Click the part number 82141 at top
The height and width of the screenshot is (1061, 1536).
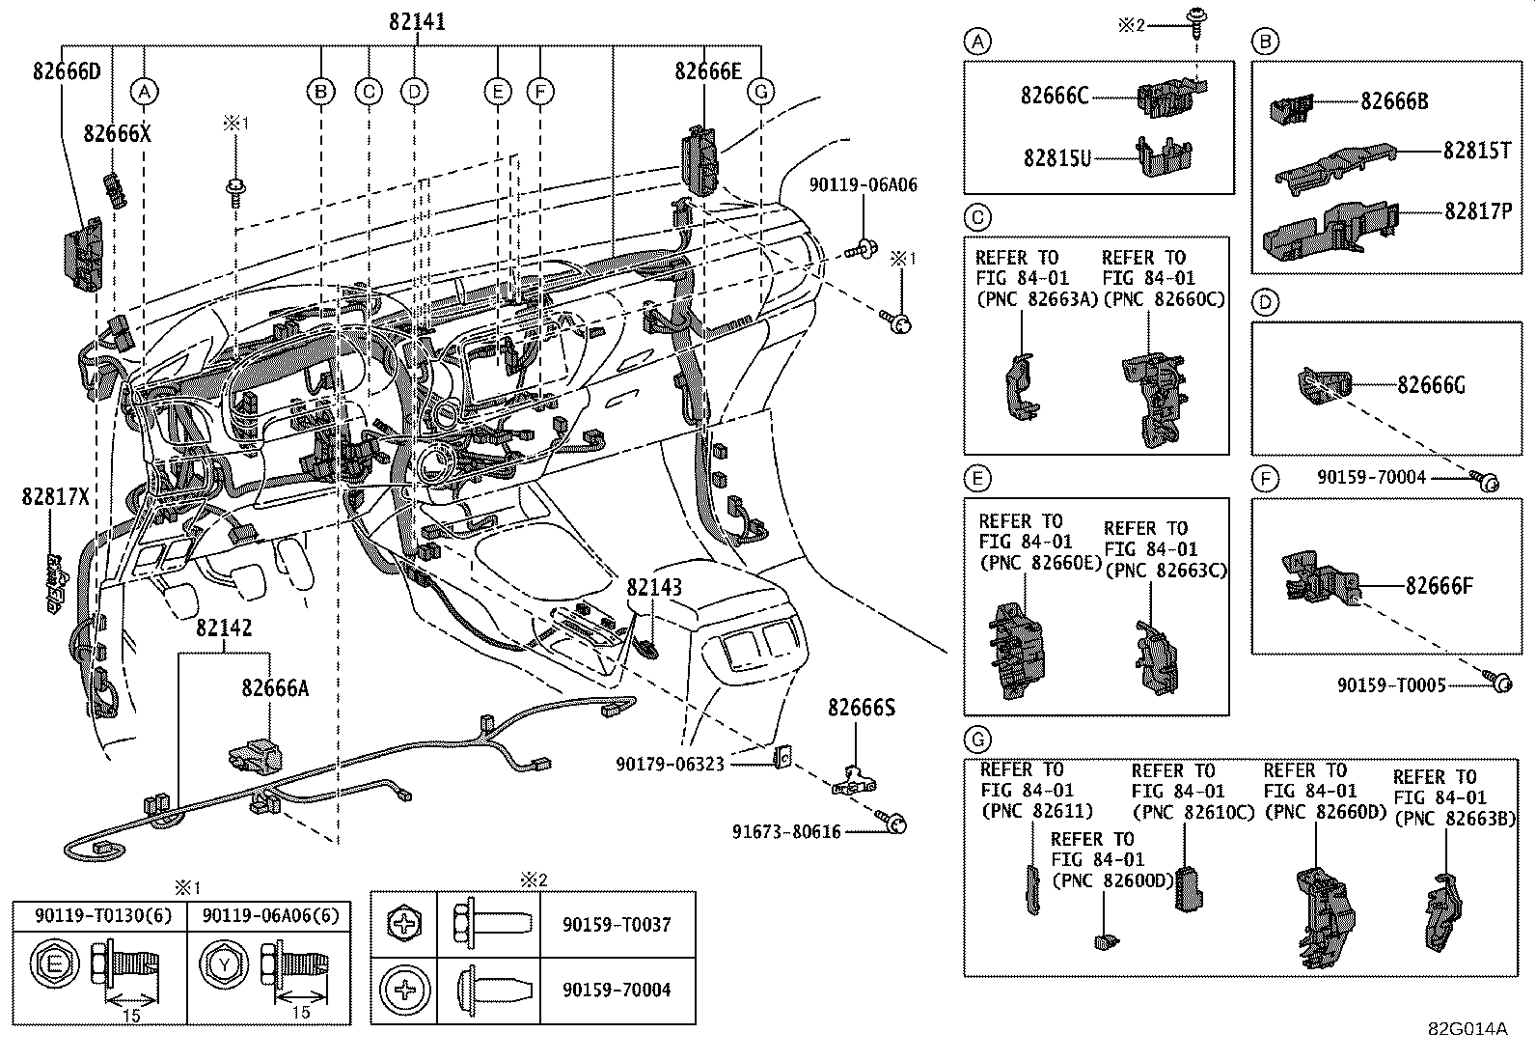[x=417, y=21]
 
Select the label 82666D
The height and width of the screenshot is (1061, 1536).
[x=66, y=72]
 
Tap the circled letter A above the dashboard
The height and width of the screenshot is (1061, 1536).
[x=144, y=92]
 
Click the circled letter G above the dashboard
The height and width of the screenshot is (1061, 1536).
[x=761, y=92]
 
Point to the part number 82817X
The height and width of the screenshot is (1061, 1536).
[x=55, y=496]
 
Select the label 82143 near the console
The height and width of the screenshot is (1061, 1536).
[x=653, y=587]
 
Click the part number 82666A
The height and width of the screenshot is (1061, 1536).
[x=275, y=687]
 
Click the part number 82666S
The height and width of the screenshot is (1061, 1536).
[x=861, y=708]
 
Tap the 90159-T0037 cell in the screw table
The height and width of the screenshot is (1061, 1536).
[x=616, y=924]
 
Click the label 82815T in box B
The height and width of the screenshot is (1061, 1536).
[x=1477, y=151]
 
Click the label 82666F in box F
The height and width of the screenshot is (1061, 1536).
[x=1439, y=585]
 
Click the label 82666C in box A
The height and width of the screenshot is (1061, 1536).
[x=1054, y=95]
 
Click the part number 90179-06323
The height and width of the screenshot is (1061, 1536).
[x=670, y=763]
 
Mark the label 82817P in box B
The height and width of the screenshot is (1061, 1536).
[x=1477, y=210]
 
